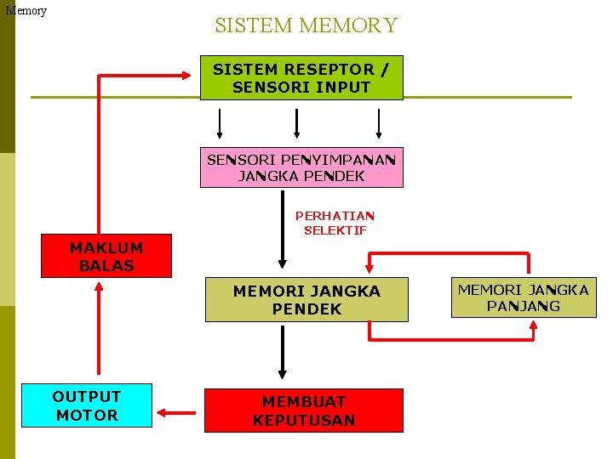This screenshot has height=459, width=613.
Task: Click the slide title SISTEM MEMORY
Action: click(306, 25)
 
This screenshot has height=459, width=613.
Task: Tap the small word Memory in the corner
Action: click(26, 11)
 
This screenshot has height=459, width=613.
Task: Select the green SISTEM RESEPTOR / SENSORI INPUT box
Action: click(301, 78)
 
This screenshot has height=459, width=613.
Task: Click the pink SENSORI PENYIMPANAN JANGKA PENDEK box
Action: click(301, 167)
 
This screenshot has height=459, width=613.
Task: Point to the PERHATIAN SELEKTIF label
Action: click(335, 223)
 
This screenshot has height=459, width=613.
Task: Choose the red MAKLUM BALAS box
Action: click(106, 256)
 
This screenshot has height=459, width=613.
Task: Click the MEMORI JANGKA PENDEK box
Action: click(306, 299)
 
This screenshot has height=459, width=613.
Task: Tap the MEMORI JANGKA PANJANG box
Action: click(524, 297)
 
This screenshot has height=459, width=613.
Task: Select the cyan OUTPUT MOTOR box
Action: click(87, 405)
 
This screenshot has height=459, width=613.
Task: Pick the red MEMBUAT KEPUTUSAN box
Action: click(304, 410)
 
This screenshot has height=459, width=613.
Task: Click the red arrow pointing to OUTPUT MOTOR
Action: click(178, 414)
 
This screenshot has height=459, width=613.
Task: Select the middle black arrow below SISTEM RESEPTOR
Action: click(296, 122)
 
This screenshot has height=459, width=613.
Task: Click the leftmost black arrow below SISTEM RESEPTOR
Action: click(220, 122)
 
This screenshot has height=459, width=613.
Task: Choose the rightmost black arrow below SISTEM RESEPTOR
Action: click(380, 122)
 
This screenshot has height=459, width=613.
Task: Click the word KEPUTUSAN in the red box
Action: click(304, 420)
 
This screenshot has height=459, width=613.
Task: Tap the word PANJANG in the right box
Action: click(524, 306)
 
